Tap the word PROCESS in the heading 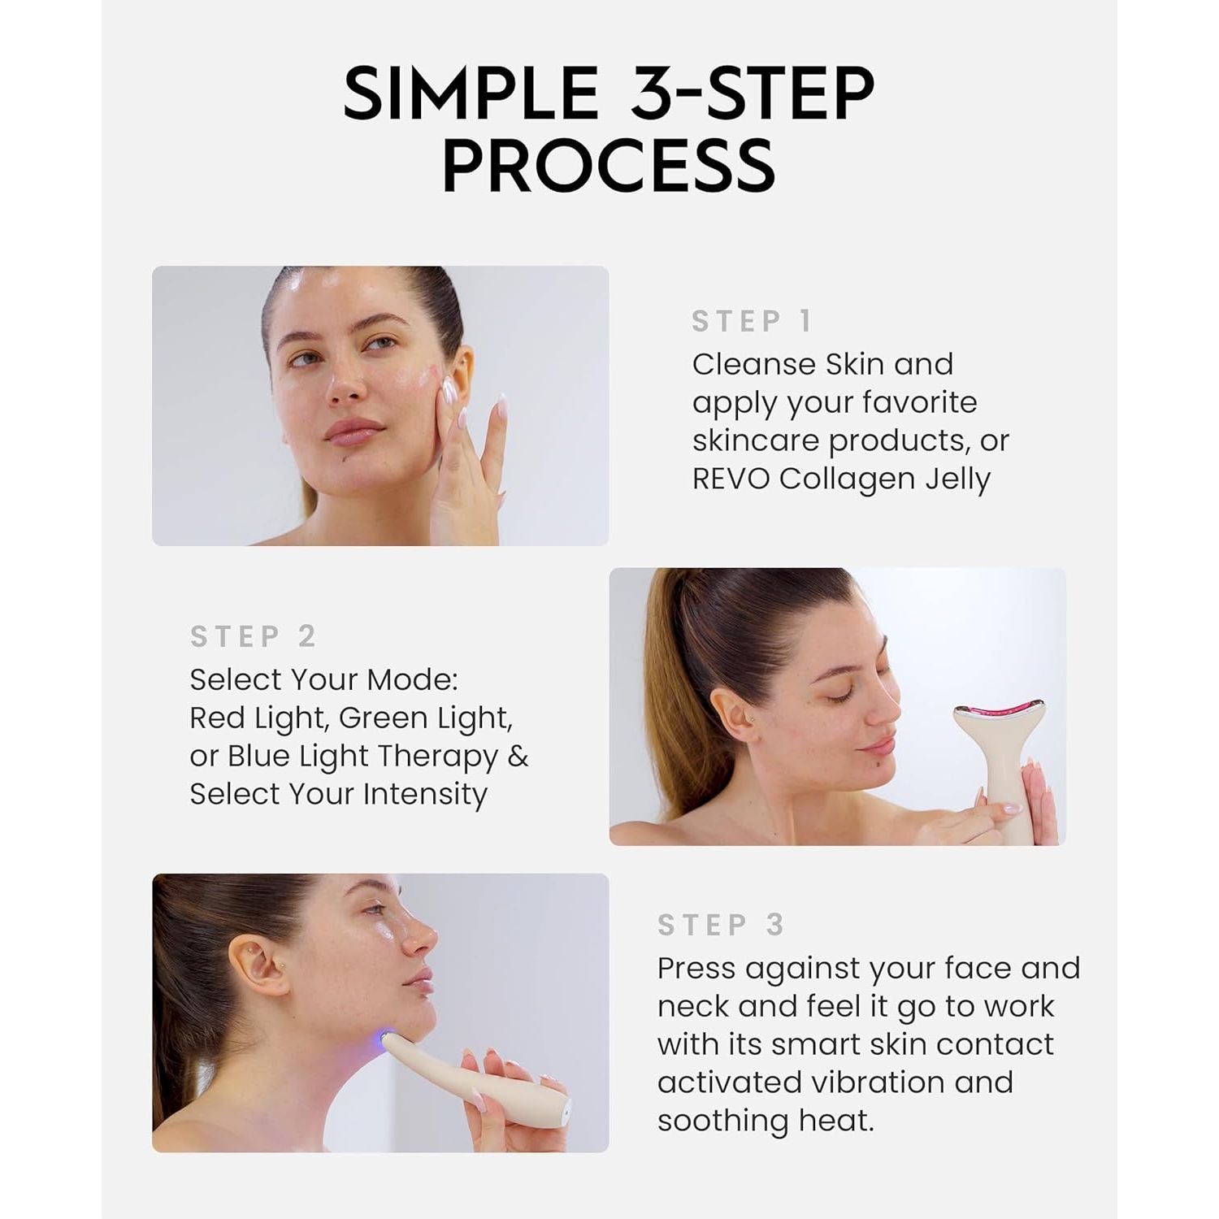click(609, 165)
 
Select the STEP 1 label click(752, 322)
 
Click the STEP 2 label click(253, 636)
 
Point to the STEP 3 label click(721, 925)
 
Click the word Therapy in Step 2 click(436, 757)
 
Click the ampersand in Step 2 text click(518, 757)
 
